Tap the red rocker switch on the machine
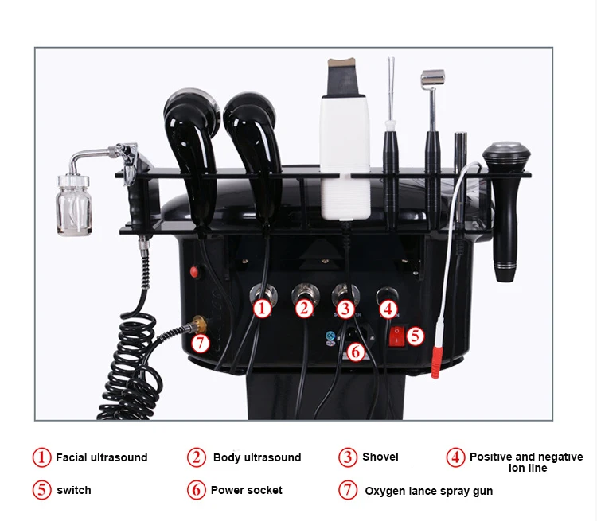[x=396, y=336]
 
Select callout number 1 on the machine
[x=263, y=307]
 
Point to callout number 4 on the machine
[x=388, y=307]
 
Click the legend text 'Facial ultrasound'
[x=101, y=457]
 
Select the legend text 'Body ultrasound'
[x=256, y=457]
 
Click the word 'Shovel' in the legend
[x=380, y=457]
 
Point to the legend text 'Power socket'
[x=246, y=490]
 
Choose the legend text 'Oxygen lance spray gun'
[x=428, y=491]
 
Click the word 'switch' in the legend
[x=73, y=490]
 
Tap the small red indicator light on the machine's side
[x=193, y=271]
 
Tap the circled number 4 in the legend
[x=455, y=457]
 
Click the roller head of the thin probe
[x=432, y=77]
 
